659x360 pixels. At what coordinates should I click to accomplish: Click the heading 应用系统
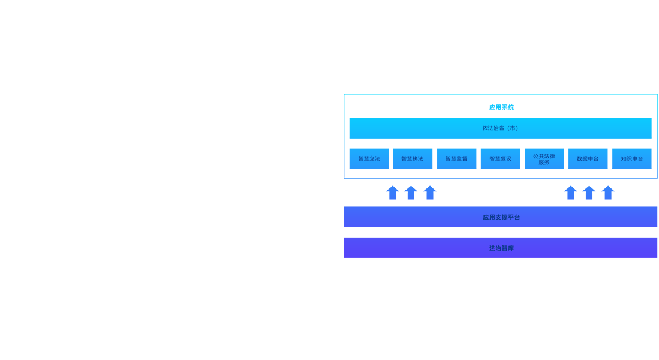pyautogui.click(x=501, y=107)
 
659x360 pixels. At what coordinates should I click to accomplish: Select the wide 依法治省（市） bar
pyautogui.click(x=500, y=128)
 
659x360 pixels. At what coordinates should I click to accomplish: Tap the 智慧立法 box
pyautogui.click(x=369, y=158)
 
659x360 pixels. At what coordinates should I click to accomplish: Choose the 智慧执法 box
pyautogui.click(x=413, y=158)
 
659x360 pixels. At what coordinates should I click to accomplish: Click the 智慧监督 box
pyautogui.click(x=456, y=158)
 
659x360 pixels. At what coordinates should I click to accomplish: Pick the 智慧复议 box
pyautogui.click(x=500, y=158)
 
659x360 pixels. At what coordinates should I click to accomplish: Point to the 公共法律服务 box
pyautogui.click(x=544, y=158)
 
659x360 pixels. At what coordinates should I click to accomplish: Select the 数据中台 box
pyautogui.click(x=588, y=158)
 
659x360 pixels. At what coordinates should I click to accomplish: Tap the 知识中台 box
pyautogui.click(x=631, y=158)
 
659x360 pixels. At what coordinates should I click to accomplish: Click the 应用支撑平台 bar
pyautogui.click(x=501, y=217)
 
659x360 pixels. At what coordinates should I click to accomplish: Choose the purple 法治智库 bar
pyautogui.click(x=501, y=248)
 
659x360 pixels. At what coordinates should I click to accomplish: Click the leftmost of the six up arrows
pyautogui.click(x=393, y=193)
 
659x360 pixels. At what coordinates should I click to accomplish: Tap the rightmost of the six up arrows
pyautogui.click(x=607, y=193)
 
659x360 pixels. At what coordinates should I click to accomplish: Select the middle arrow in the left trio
pyautogui.click(x=411, y=193)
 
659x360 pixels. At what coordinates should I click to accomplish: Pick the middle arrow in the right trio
pyautogui.click(x=589, y=193)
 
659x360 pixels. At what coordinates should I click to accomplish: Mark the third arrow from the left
pyautogui.click(x=429, y=193)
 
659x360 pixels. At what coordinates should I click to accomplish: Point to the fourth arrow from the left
pyautogui.click(x=570, y=193)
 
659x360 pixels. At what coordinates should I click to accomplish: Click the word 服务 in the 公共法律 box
pyautogui.click(x=544, y=163)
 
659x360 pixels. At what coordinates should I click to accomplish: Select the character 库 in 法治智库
pyautogui.click(x=511, y=248)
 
